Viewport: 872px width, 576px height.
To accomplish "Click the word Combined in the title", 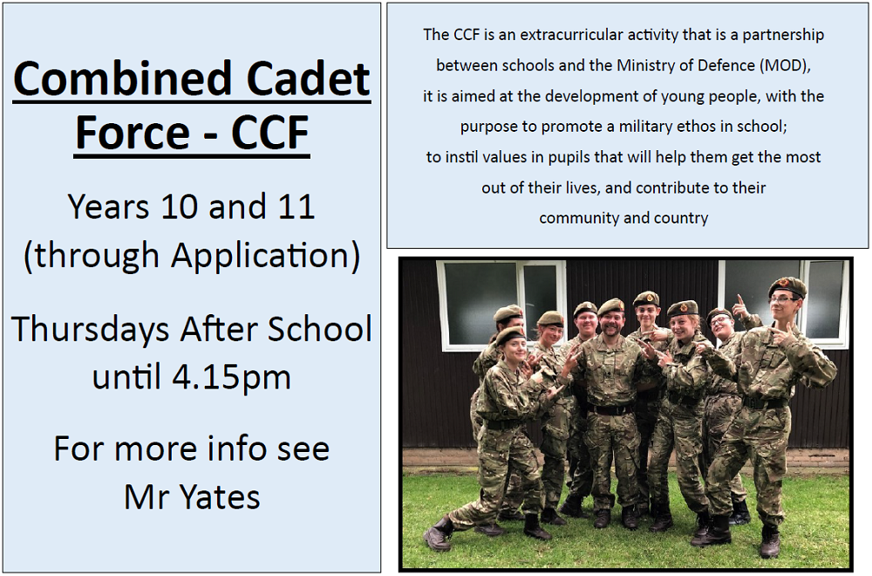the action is [x=122, y=79].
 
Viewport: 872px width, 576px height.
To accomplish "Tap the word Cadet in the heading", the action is [x=308, y=79].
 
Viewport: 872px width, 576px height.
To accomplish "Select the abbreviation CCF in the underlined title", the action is [x=270, y=133].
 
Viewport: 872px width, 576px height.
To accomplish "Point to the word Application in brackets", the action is [x=260, y=256].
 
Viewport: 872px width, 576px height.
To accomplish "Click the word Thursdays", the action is [x=91, y=328].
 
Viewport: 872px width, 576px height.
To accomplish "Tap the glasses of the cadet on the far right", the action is [x=782, y=300].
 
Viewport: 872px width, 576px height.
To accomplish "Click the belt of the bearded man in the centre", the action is [x=610, y=409].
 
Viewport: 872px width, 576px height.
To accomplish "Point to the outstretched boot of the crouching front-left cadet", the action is [x=437, y=535].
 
